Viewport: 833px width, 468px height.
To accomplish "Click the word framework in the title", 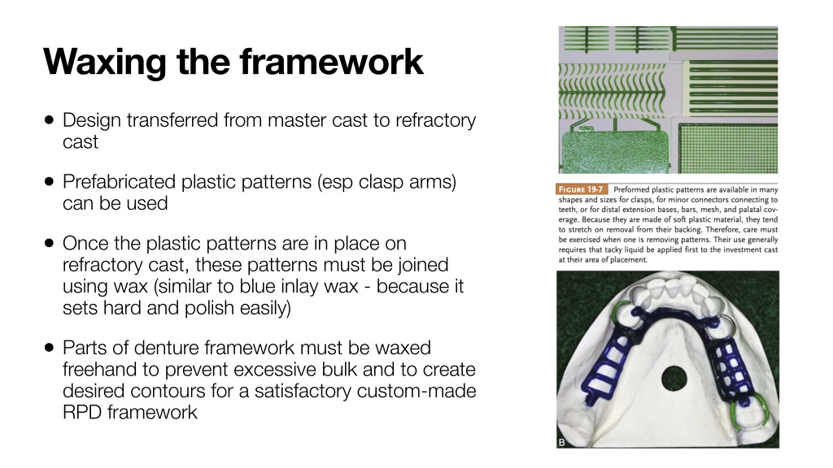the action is [x=332, y=62].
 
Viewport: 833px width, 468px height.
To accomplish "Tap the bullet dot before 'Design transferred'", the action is [x=50, y=120].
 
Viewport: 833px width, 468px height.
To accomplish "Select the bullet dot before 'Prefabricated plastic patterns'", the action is [x=50, y=181].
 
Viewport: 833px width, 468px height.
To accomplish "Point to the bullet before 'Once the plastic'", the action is [x=50, y=243].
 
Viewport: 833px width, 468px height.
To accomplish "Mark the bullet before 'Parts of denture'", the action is [x=50, y=348].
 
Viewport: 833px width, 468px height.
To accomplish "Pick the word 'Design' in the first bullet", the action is [x=92, y=121].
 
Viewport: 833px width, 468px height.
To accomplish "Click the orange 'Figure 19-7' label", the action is [x=581, y=189].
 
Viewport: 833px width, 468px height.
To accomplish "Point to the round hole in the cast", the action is [x=674, y=379].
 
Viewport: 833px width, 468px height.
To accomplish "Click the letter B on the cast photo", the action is [x=562, y=442].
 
